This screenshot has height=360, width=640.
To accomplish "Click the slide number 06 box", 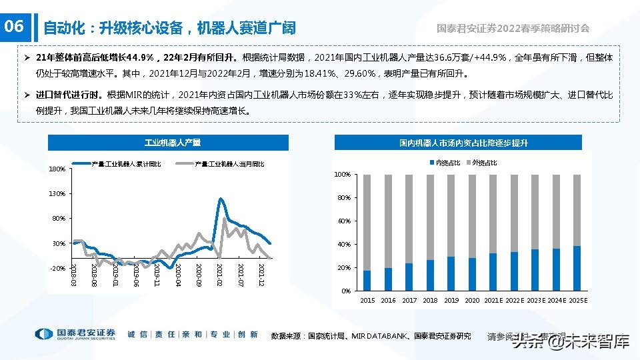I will [x=14, y=27].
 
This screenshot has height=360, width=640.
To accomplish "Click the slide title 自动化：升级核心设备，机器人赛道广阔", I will [x=169, y=28].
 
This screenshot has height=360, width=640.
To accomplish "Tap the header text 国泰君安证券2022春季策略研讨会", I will [x=513, y=29].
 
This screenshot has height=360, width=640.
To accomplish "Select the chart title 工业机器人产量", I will [x=168, y=143].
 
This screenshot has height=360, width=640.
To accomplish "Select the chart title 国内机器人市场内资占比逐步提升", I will [x=458, y=143].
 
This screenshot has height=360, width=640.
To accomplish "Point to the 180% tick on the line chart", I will [x=57, y=169].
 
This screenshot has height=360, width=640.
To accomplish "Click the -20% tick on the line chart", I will [x=57, y=268].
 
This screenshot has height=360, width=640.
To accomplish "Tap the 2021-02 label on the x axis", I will [x=219, y=275].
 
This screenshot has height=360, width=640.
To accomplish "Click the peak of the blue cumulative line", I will [x=220, y=199].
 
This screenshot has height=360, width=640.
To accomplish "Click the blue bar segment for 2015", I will [x=367, y=281].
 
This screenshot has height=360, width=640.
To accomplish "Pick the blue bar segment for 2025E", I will [x=577, y=269].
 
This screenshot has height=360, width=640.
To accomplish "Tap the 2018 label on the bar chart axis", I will [x=430, y=301].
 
